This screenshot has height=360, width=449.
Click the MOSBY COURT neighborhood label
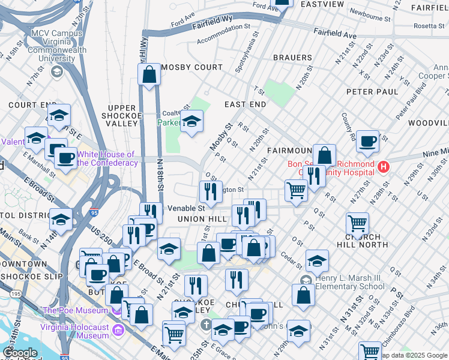pos(191,68)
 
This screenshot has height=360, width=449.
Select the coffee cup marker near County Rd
pos(367,142)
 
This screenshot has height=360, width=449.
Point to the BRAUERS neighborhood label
pos(292,58)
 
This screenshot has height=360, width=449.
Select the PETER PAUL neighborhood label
pos(372,92)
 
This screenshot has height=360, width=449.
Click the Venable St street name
pos(186,208)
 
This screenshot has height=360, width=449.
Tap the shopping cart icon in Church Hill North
pos(357,224)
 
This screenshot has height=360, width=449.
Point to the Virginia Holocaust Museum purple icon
pos(118,330)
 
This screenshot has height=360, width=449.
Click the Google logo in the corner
pos(20,353)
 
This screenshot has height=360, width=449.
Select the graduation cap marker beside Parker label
pos(191,122)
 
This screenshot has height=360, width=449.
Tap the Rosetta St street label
pos(427,26)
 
